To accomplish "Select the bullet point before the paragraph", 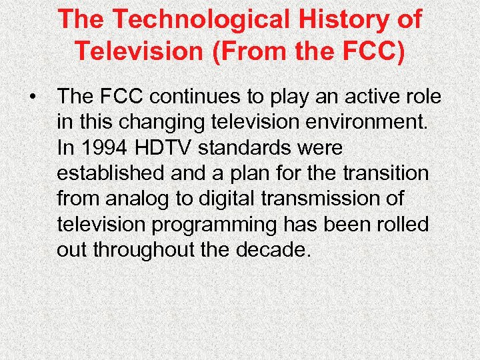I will pyautogui.click(x=32, y=97).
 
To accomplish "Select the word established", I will pyautogui.click(x=110, y=173).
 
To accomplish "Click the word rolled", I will pyautogui.click(x=399, y=224).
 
